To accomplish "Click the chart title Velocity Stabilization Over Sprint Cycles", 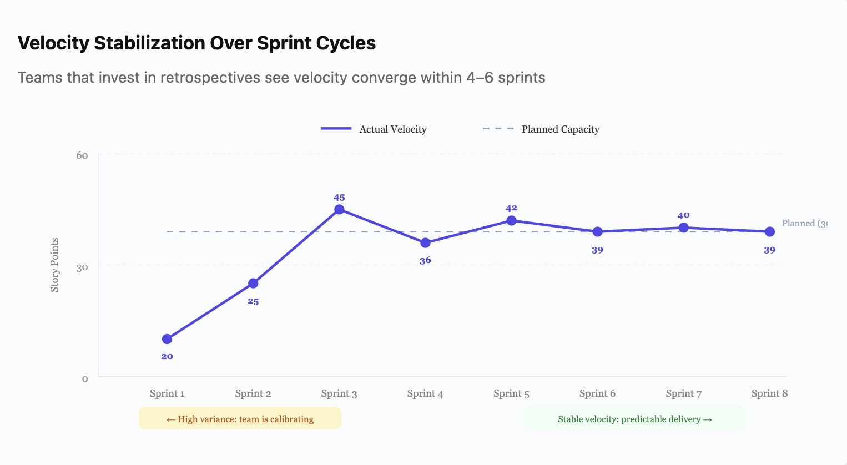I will click(x=196, y=43).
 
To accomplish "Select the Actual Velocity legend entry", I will click(x=374, y=129).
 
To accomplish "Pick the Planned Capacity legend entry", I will click(x=541, y=129).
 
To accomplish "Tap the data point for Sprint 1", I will click(x=167, y=339).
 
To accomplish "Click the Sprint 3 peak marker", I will click(x=339, y=210).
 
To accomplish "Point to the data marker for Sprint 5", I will click(x=511, y=221).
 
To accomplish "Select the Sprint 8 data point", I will click(x=769, y=232).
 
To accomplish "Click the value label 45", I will click(x=339, y=198).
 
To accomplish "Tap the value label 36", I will click(x=425, y=261).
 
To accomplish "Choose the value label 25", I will click(x=253, y=302).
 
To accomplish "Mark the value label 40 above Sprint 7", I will click(x=683, y=215).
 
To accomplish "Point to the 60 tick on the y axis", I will click(x=82, y=155).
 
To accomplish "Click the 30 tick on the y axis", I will click(x=82, y=267).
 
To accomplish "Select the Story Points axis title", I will click(x=54, y=265).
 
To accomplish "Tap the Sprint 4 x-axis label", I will click(x=425, y=393).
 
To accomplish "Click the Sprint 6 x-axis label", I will click(x=597, y=393).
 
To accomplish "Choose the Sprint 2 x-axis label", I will click(x=253, y=393).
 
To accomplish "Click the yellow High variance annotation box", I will click(x=240, y=419).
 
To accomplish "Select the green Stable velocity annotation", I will click(x=634, y=419).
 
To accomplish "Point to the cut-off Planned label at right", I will click(x=804, y=223).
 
